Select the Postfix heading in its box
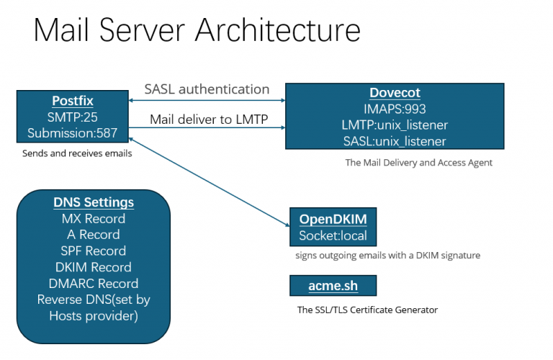(x=73, y=101)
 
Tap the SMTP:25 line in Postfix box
(x=73, y=117)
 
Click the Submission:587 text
(x=73, y=133)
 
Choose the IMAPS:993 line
(x=394, y=109)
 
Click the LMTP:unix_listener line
(x=394, y=125)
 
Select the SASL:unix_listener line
(x=394, y=141)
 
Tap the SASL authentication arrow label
(x=207, y=89)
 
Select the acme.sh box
(x=333, y=286)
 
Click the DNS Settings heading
(x=94, y=202)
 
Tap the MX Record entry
(x=94, y=218)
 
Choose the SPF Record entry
(x=94, y=251)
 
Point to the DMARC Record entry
(x=94, y=283)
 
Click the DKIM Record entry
(x=94, y=267)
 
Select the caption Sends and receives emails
(x=77, y=153)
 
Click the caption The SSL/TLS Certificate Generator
(x=367, y=310)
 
